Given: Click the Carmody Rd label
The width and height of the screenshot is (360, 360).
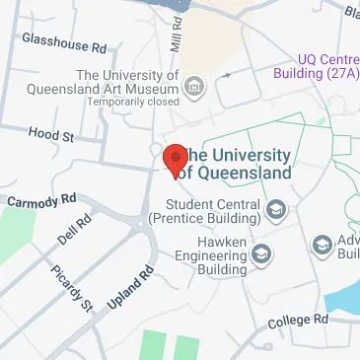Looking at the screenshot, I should tap(40, 199).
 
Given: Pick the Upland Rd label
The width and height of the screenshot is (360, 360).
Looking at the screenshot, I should tap(130, 287).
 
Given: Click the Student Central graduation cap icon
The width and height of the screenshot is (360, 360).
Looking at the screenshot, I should tap(276, 209).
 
